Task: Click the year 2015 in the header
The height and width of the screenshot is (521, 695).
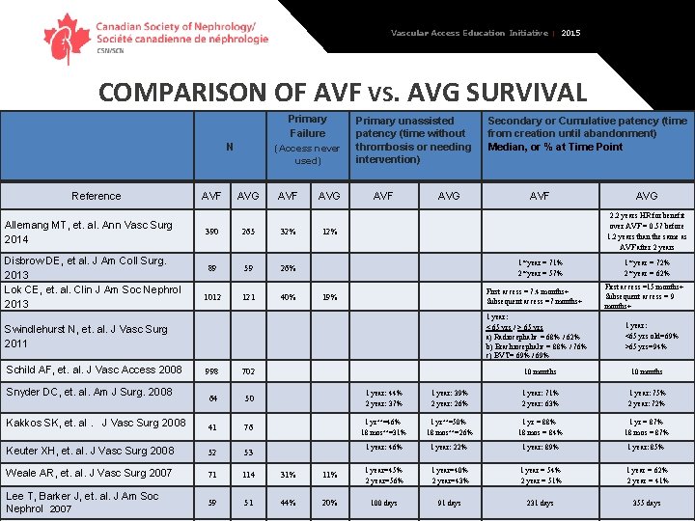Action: pos(571,33)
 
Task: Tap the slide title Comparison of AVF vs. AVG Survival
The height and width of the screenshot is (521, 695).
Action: pos(343,93)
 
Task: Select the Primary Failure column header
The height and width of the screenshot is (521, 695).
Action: pos(307,126)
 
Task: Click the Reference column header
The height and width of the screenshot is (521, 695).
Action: pos(97,196)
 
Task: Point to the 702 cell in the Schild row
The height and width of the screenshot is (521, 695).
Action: pos(248,371)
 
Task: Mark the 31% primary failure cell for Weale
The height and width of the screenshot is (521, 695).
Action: pos(288,474)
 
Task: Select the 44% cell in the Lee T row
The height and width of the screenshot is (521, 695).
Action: pos(288,503)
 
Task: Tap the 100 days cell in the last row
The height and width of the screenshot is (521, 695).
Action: pos(383,504)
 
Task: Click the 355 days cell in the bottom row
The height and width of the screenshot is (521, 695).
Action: pos(647,504)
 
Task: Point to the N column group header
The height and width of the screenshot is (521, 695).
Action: pos(229,148)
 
